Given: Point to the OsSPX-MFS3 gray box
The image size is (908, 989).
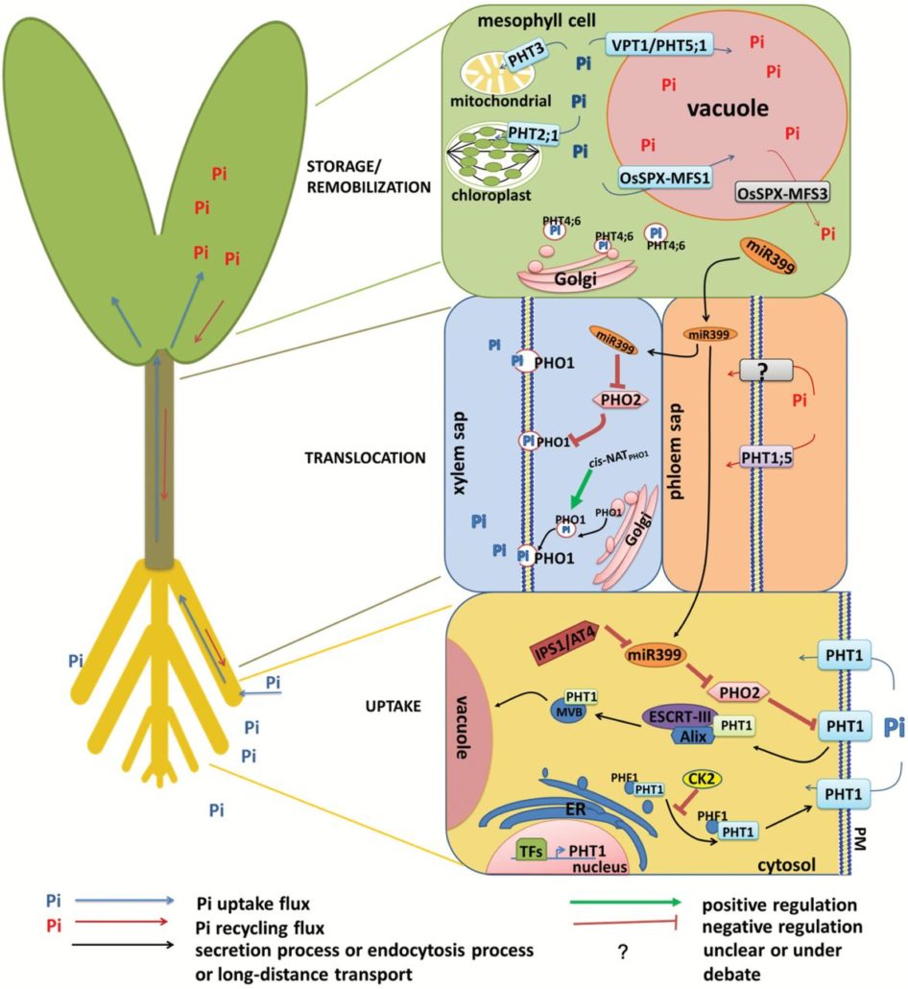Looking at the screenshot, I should (782, 192).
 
